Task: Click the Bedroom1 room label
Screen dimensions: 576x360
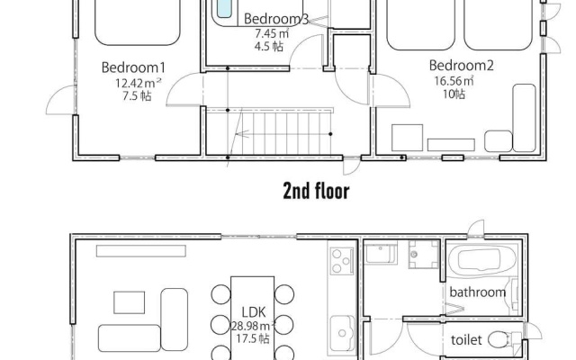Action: tap(133, 67)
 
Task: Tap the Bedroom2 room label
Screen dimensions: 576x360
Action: tap(462, 66)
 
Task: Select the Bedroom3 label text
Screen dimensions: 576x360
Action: tap(276, 19)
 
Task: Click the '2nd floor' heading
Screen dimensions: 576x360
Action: tap(316, 192)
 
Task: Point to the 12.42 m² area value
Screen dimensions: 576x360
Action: tap(138, 83)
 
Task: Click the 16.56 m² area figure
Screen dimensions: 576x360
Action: tap(454, 80)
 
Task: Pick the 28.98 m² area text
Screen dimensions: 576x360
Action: tap(254, 326)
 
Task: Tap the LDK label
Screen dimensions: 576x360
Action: tap(254, 312)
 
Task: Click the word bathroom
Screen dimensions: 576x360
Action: tap(478, 292)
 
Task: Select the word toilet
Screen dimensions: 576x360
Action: tap(466, 340)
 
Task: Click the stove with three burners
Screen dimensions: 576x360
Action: tap(342, 261)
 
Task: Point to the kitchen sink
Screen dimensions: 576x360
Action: tap(342, 333)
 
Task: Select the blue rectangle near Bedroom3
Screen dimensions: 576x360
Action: tap(224, 8)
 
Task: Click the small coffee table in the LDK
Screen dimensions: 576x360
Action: tap(129, 302)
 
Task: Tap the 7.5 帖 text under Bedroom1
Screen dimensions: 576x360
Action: tap(137, 96)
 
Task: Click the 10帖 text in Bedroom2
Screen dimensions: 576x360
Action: tap(454, 94)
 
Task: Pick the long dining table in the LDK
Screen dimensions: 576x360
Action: tap(252, 318)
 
